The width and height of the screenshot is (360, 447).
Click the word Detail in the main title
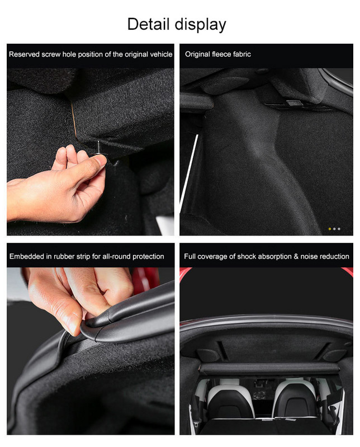click(x=148, y=24)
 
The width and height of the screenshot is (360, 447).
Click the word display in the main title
click(x=201, y=25)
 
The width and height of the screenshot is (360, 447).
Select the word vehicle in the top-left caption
click(x=161, y=54)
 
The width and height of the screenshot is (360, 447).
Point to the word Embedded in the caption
click(x=27, y=256)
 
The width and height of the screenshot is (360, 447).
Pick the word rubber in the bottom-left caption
click(x=64, y=256)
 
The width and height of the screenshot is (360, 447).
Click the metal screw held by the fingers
click(x=98, y=148)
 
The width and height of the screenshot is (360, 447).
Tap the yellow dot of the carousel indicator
click(x=330, y=229)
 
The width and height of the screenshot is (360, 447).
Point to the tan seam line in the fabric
click(x=74, y=120)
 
